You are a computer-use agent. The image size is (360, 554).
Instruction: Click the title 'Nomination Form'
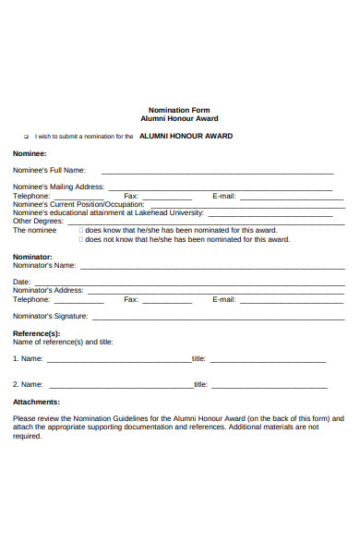179,109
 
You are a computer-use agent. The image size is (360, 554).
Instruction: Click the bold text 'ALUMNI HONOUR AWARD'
186,136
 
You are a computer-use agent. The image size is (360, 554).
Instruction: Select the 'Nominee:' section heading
30,153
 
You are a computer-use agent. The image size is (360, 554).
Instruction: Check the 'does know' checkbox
82,230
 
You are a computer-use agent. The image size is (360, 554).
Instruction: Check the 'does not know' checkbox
82,239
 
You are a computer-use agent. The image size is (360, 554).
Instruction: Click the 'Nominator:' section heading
32,256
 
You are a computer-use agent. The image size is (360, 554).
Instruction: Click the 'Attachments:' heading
36,402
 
